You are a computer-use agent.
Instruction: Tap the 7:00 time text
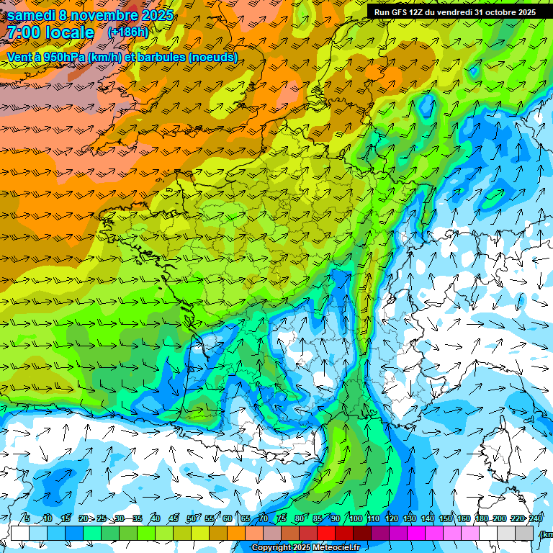pos(24,32)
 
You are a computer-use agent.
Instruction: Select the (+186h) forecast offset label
pos(127,32)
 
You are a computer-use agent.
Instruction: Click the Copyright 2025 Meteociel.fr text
pos(315,548)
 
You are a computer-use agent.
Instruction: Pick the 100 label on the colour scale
pos(355,518)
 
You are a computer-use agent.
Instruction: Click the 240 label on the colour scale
pos(535,518)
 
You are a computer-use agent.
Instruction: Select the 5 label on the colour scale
pos(27,518)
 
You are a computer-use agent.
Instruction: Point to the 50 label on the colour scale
pos(192,518)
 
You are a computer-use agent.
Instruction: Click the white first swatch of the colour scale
pos(20,533)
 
